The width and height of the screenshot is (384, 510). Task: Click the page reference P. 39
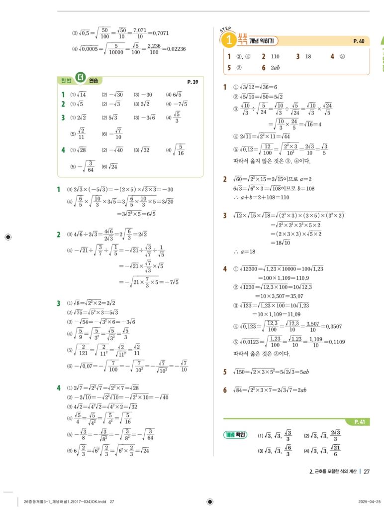pos(192,82)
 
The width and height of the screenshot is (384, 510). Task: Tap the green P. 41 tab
pos(360,422)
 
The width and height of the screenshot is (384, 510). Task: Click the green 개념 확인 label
pos(235,435)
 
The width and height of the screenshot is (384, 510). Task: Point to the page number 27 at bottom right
pos(367,472)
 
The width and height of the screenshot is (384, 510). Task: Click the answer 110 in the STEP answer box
pos(275,56)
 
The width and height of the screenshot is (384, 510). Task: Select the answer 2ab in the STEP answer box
pos(276,68)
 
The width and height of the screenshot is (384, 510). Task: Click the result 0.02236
pos(175,49)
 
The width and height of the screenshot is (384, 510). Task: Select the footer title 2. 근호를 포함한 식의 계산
pos(332,472)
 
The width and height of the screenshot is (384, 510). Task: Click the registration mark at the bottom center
pos(209,502)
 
